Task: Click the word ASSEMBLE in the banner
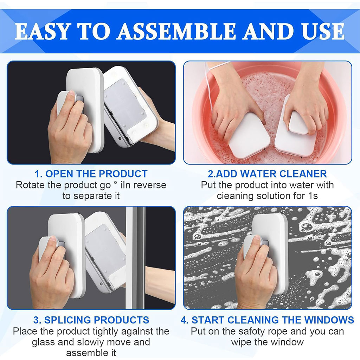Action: pyautogui.click(x=176, y=31)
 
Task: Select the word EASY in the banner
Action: pyautogui.click(x=42, y=31)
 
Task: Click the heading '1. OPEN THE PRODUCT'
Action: pyautogui.click(x=91, y=174)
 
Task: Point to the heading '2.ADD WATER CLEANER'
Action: pyautogui.click(x=267, y=174)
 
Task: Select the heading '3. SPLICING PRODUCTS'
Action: pyautogui.click(x=91, y=320)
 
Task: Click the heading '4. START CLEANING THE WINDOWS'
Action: pyautogui.click(x=267, y=320)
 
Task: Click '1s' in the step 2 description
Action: pyautogui.click(x=313, y=196)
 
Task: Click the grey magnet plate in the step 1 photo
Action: pyautogui.click(x=125, y=103)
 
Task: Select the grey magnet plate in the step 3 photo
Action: pyautogui.click(x=105, y=249)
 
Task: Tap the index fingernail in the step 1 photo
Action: pyautogui.click(x=72, y=93)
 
